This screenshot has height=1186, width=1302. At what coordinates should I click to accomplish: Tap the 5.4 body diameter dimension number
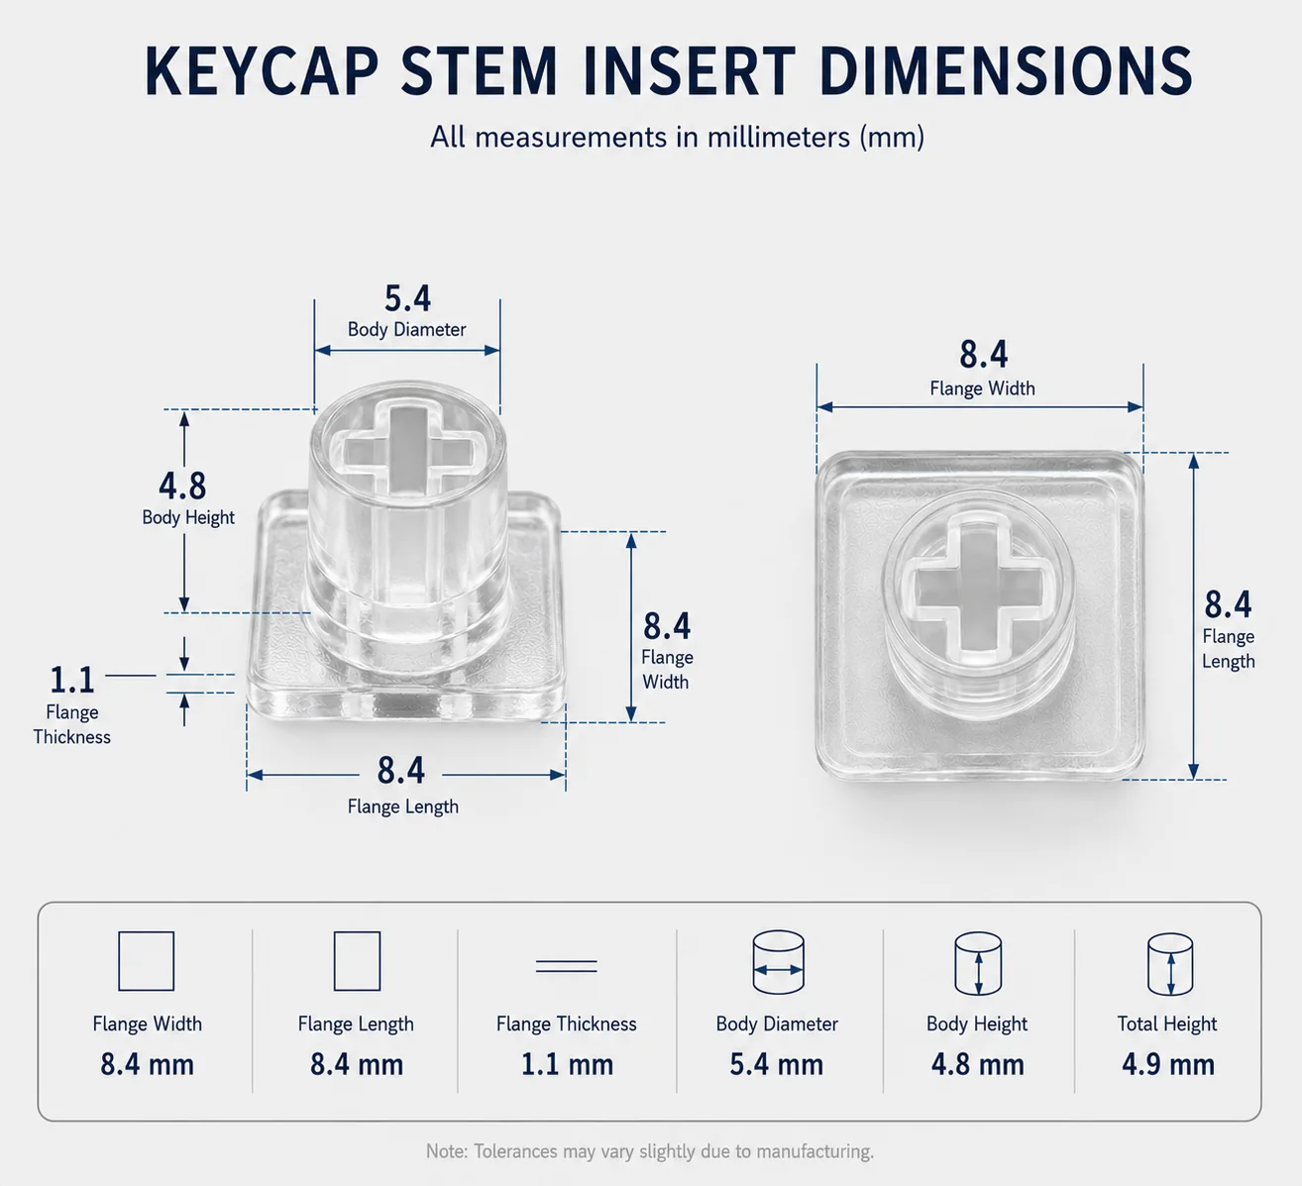click(x=407, y=298)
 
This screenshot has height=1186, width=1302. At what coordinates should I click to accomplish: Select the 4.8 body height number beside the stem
click(x=182, y=485)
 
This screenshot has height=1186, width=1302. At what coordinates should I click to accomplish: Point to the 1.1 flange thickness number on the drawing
click(x=72, y=680)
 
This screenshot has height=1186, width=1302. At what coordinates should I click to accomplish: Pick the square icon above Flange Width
click(x=146, y=961)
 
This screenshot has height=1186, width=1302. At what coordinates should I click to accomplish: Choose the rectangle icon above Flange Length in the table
click(x=357, y=961)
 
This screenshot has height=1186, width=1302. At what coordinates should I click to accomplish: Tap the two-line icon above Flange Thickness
click(x=566, y=966)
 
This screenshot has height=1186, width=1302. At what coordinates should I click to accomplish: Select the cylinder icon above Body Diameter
click(x=778, y=963)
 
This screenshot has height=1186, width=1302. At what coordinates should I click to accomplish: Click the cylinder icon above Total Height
click(x=1169, y=964)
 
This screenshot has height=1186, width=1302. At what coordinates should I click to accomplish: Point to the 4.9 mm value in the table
click(x=1168, y=1064)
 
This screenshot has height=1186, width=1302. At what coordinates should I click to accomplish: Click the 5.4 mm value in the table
click(x=776, y=1064)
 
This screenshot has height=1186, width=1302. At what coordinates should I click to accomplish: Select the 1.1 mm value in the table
click(x=568, y=1064)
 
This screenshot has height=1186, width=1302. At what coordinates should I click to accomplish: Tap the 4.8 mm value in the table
click(x=977, y=1064)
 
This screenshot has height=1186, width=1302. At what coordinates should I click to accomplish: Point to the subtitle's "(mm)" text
click(x=892, y=137)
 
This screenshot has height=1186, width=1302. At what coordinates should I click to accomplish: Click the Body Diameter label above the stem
click(x=407, y=329)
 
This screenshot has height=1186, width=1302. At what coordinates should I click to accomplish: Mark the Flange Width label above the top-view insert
click(x=982, y=388)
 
